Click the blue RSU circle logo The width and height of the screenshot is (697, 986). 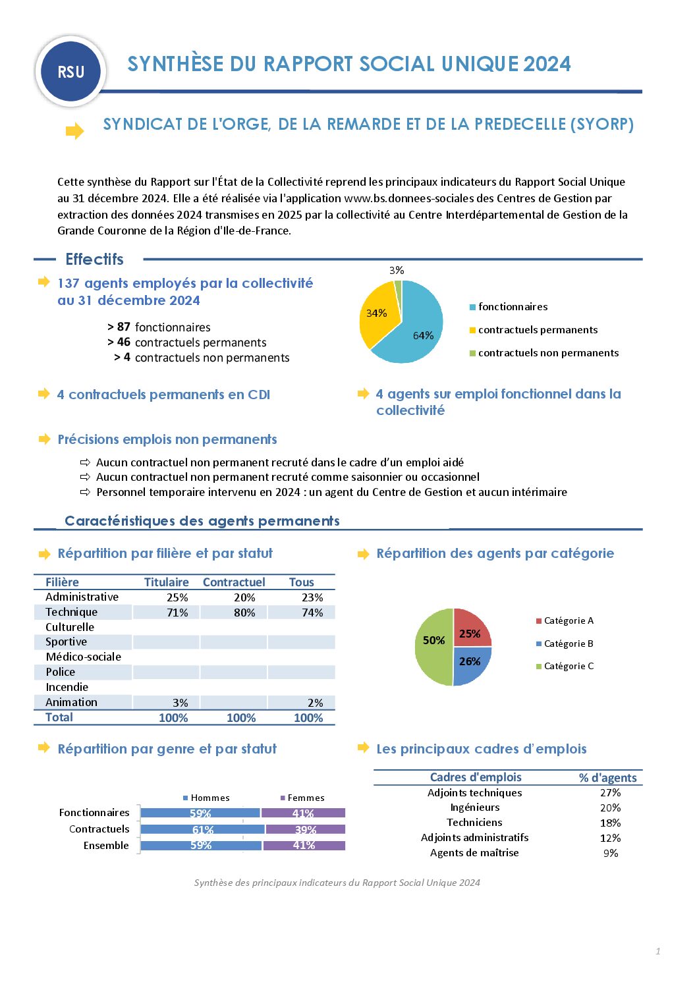70,72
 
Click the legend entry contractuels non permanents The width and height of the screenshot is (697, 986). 548,353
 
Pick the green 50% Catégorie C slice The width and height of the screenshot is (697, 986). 433,646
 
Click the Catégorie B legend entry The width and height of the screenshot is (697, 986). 568,644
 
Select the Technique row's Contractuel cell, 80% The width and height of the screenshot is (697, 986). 244,613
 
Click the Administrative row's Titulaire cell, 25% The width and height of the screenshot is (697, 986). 177,597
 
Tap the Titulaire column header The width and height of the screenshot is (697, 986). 166,582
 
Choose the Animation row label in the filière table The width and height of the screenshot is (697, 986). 71,702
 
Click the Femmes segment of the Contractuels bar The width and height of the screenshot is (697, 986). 306,829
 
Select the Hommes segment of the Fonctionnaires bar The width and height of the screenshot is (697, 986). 200,813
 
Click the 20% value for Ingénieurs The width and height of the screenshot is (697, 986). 610,808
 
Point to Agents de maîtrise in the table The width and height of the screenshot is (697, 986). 474,853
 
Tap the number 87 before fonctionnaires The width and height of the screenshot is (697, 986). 124,327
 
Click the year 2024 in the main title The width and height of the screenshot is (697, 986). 548,64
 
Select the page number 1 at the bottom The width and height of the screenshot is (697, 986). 657,951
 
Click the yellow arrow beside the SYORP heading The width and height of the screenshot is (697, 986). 74,131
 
